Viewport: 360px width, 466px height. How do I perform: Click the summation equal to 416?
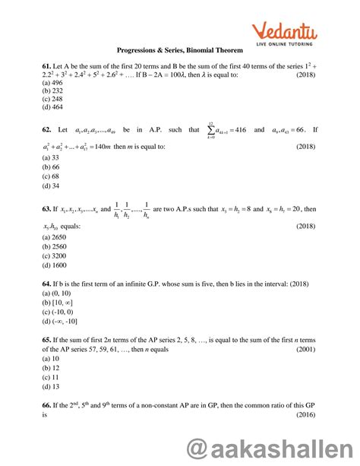point(231,130)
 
